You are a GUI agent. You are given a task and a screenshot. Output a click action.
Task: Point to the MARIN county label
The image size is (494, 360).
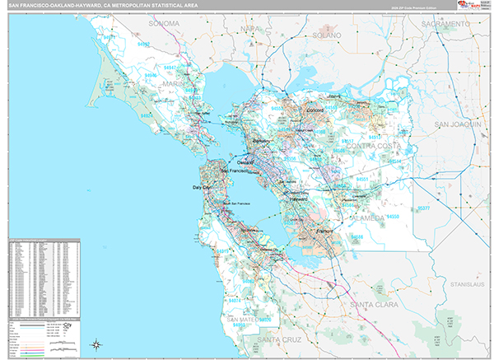click(x=174, y=82)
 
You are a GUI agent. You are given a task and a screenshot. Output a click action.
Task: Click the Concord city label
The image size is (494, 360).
click(x=317, y=110)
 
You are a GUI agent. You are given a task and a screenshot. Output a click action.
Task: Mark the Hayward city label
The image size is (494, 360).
click(x=299, y=199)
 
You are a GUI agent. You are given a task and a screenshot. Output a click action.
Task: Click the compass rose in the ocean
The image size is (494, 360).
click(x=96, y=344)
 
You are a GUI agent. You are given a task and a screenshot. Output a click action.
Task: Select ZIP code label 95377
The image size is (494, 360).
click(x=424, y=209)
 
